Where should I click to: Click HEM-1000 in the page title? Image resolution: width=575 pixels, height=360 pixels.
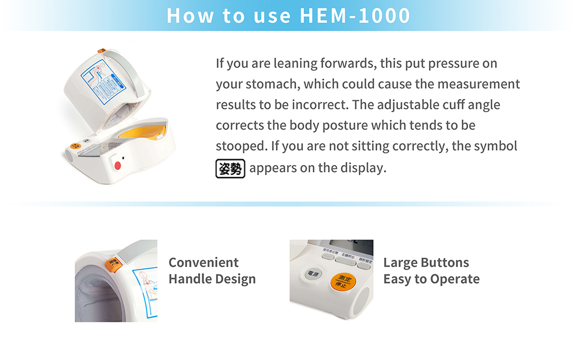point(355,16)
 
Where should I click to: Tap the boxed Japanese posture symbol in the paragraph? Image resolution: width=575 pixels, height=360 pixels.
point(230,168)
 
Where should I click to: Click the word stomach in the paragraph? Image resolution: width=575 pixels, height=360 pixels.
point(271,85)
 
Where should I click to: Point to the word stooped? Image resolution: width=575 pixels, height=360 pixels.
point(240,147)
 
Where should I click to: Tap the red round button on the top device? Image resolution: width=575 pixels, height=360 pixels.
point(118,165)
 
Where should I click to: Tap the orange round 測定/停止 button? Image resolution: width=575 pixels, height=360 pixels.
point(343,281)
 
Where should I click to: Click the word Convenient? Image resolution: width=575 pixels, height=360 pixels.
point(203,263)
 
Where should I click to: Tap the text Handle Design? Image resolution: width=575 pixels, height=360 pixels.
point(212,279)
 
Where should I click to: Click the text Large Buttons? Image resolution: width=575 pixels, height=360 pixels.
point(425,263)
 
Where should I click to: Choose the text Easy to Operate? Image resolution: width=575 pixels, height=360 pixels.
point(431,279)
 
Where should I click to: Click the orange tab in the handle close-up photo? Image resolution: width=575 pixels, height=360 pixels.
point(115,263)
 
